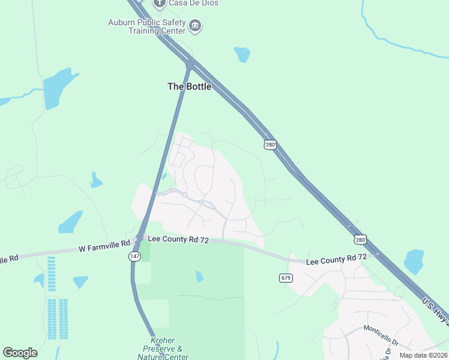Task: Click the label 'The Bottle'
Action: [x=189, y=86]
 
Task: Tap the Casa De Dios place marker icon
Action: [x=159, y=4]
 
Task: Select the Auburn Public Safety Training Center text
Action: [x=146, y=27]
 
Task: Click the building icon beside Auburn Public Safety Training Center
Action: [x=195, y=25]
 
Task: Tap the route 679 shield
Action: [x=285, y=278]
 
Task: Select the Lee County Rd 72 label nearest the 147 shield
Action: [x=178, y=240]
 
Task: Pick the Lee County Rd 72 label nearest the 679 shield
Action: [x=336, y=260]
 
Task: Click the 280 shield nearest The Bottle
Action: [x=270, y=145]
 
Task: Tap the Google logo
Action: [x=20, y=353]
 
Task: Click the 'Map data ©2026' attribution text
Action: [x=424, y=355]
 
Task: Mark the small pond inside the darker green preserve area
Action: [x=199, y=277]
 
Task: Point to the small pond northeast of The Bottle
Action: [x=242, y=55]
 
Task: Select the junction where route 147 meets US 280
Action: [x=190, y=62]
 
